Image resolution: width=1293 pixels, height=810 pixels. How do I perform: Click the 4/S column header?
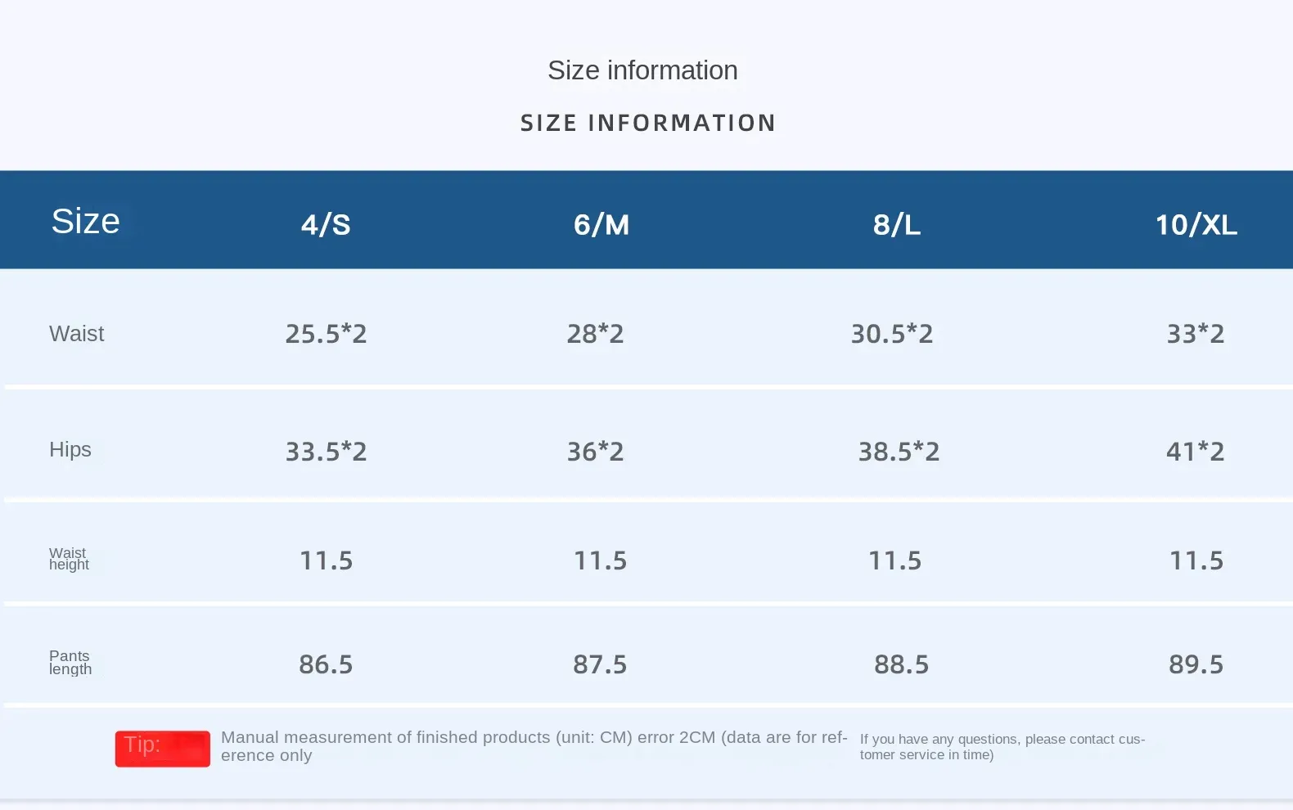pyautogui.click(x=326, y=224)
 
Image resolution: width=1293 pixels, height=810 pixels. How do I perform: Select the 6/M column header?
pyautogui.click(x=601, y=224)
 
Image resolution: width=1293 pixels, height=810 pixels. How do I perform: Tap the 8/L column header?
pyautogui.click(x=897, y=224)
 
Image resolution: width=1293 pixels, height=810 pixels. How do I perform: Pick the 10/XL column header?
pyautogui.click(x=1196, y=224)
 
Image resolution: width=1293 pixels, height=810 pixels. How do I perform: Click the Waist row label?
pyautogui.click(x=77, y=334)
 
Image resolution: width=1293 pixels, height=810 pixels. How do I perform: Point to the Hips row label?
pyautogui.click(x=70, y=449)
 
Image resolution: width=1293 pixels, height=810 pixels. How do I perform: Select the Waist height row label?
pyautogui.click(x=69, y=559)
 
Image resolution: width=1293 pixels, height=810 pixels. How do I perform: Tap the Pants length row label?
pyautogui.click(x=70, y=662)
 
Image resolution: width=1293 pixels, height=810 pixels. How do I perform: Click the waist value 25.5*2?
pyautogui.click(x=326, y=334)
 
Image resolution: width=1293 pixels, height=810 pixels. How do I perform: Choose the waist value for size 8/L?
pyautogui.click(x=892, y=334)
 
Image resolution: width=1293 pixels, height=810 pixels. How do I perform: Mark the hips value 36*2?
pyautogui.click(x=596, y=452)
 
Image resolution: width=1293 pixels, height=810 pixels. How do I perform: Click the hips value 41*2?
pyautogui.click(x=1196, y=452)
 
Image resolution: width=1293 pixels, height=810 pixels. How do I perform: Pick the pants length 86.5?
pyautogui.click(x=326, y=664)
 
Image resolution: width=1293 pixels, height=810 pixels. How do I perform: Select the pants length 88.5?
pyautogui.click(x=901, y=664)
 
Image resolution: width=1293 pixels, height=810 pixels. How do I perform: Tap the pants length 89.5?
pyautogui.click(x=1196, y=664)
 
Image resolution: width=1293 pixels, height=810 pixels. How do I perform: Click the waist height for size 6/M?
pyautogui.click(x=600, y=560)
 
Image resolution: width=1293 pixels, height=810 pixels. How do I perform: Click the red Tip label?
pyautogui.click(x=162, y=748)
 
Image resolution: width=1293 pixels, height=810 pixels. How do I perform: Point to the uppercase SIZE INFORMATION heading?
pyautogui.click(x=647, y=123)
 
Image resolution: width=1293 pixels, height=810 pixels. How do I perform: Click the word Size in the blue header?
pyautogui.click(x=85, y=221)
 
